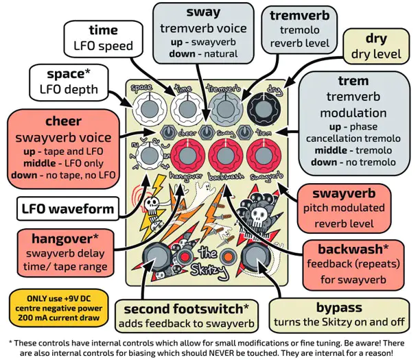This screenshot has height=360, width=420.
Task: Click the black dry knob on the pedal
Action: click(264, 109)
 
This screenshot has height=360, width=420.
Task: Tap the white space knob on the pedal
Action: click(150, 109)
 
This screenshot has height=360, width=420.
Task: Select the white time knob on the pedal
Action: click(188, 109)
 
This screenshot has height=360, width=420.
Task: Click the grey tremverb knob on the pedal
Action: click(226, 109)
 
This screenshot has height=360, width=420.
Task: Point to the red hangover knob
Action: click(188, 156)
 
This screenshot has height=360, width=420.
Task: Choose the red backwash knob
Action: click(226, 156)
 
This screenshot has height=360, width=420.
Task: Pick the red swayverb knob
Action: click(264, 156)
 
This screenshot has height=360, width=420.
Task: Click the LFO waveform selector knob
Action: click(150, 156)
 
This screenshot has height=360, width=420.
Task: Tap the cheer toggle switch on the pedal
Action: click(169, 132)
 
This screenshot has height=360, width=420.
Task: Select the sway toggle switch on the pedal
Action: click(207, 132)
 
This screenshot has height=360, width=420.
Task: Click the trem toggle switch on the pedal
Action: click(245, 132)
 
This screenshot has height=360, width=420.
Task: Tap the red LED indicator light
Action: click(185, 257)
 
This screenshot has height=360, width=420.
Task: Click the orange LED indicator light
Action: click(228, 256)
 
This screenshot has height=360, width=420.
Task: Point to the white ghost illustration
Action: click(205, 192)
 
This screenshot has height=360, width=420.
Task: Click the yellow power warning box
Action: click(59, 308)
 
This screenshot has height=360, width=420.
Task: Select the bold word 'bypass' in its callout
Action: click(339, 307)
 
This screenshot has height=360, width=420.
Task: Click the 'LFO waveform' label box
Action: click(68, 208)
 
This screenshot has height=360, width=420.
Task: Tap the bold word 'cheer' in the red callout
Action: click(63, 121)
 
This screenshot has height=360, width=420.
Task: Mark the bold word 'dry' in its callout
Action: click(376, 39)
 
